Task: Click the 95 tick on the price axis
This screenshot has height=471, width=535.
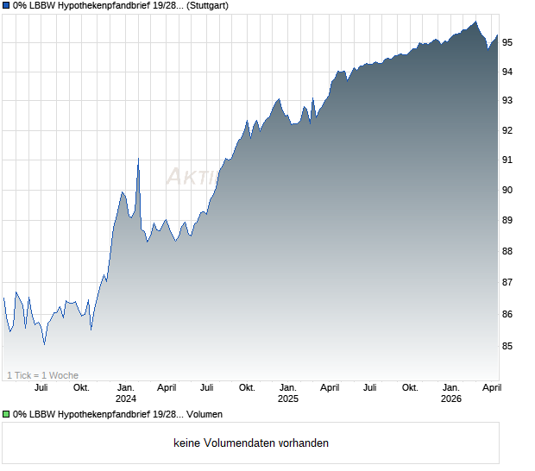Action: click(x=508, y=42)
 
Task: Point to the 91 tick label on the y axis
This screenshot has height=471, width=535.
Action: click(x=508, y=160)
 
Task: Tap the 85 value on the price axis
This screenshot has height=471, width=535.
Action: click(x=508, y=346)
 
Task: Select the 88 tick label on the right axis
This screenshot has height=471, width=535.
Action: click(x=508, y=252)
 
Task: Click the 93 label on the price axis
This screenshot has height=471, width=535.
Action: click(x=508, y=101)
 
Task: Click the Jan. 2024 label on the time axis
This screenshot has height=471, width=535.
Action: click(x=126, y=393)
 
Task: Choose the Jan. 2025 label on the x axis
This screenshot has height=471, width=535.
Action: click(x=288, y=393)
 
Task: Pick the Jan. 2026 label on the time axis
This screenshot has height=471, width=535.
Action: click(x=450, y=393)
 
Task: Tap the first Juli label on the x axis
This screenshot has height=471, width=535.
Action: click(x=40, y=387)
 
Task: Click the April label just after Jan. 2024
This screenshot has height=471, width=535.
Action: click(x=167, y=387)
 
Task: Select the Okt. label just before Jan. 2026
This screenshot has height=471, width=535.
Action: click(x=410, y=387)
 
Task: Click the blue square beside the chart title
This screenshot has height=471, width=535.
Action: click(x=6, y=6)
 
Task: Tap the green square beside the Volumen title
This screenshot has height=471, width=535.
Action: click(x=6, y=415)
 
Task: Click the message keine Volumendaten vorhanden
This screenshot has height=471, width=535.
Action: click(x=251, y=443)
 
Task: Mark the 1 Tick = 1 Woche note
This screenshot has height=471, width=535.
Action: click(x=42, y=375)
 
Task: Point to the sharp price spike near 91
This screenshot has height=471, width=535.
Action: click(x=138, y=160)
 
